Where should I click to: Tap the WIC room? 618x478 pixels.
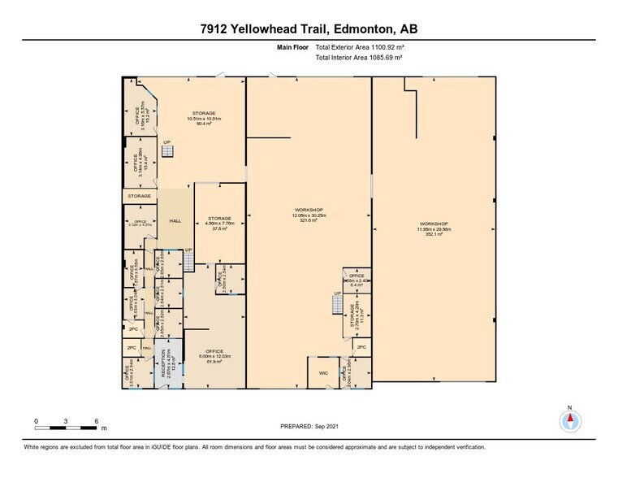pos(323,374)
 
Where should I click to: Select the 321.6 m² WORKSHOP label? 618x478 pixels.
pos(308,215)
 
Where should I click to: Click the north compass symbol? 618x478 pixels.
pos(570,420)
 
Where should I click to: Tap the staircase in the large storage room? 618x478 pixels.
pos(167,152)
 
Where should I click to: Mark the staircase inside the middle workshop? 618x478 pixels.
pos(338,304)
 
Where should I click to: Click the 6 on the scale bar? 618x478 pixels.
pos(96,420)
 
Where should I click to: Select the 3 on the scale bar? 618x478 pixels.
pos(66,420)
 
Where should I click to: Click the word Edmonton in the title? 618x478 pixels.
pos(360,30)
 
